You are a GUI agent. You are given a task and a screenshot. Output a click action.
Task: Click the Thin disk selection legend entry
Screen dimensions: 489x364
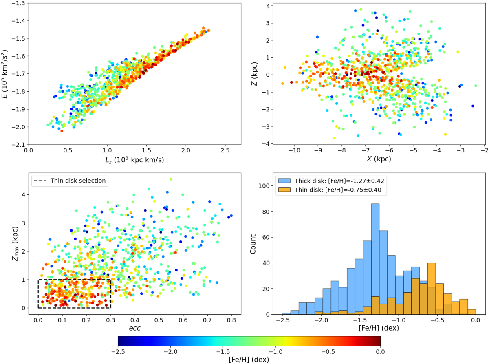[70, 181]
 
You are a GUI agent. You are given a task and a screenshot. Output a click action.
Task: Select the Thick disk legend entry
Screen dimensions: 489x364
[331, 181]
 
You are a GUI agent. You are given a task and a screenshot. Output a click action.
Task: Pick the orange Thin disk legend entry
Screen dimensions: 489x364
[330, 190]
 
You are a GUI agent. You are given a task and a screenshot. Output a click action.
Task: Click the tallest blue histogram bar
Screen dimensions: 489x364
[375, 259]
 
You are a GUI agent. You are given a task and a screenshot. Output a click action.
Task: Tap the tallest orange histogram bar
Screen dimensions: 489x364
[432, 289]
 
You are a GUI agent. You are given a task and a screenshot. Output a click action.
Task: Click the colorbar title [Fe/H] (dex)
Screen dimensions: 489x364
[249, 360]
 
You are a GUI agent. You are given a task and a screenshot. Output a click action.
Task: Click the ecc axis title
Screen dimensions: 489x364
[134, 328]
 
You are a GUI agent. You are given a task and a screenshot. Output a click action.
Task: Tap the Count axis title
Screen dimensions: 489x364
[253, 244]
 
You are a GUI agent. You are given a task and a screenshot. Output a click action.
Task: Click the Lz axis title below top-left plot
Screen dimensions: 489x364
[134, 160]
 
